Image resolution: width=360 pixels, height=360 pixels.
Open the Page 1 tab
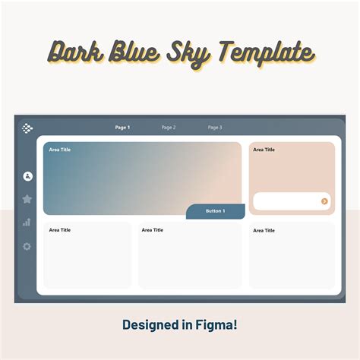coord(122,128)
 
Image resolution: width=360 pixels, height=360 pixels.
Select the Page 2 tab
coord(169,128)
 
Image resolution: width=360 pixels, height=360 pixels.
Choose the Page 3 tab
coord(215,128)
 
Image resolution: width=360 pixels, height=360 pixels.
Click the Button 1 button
coord(216,211)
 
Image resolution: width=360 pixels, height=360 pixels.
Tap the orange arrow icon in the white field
coord(324,201)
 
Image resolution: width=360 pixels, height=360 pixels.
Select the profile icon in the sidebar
coord(28,176)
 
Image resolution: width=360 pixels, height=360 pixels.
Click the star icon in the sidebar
coord(27,199)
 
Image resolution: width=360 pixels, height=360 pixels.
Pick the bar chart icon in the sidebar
coord(27,223)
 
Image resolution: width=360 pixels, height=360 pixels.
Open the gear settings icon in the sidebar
coord(27,246)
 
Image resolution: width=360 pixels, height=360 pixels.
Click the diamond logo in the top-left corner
coord(28,128)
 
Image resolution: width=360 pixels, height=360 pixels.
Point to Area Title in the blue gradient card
coord(60,150)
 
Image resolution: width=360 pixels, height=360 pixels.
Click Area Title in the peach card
coord(264,150)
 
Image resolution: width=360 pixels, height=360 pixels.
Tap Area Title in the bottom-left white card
coord(60,230)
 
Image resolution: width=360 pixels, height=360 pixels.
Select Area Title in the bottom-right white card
coord(264,230)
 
